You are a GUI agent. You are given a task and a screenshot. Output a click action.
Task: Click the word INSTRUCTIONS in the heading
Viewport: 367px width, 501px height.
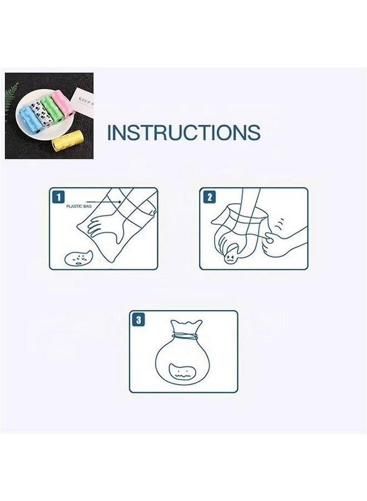(183, 132)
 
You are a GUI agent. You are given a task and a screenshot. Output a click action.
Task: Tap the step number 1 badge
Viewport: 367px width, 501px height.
(58, 197)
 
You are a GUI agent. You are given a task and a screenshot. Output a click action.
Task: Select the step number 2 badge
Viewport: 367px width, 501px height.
(209, 197)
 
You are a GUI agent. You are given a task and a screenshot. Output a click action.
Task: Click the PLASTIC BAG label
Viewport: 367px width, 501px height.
(78, 207)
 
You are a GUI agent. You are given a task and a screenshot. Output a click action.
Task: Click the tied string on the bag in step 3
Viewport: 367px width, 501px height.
(185, 336)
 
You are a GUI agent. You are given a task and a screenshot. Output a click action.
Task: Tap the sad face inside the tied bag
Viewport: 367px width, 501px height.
(183, 372)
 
